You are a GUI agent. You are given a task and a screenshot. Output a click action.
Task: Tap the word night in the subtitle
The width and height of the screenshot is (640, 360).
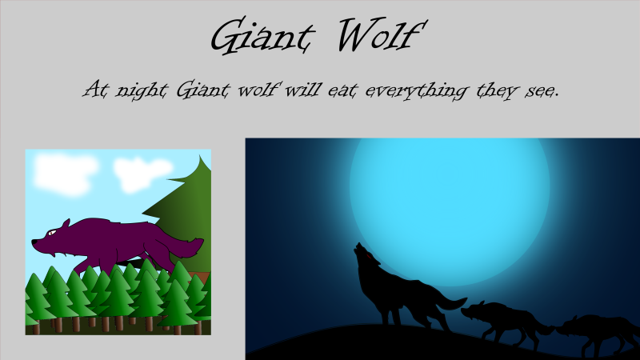pyautogui.click(x=133, y=90)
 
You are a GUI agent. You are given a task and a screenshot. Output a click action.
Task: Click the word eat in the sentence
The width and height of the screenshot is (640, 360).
pyautogui.click(x=342, y=90)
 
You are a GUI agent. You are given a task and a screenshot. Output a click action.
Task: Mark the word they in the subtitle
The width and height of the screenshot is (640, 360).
pyautogui.click(x=490, y=90)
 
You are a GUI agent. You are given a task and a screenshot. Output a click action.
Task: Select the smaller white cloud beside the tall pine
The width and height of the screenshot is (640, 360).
pyautogui.click(x=142, y=172)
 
